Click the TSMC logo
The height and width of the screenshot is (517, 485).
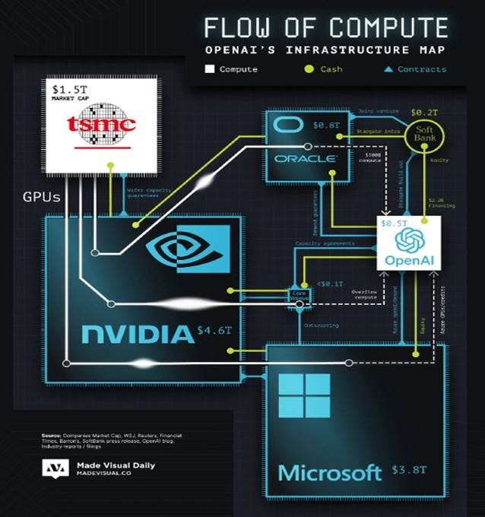100,124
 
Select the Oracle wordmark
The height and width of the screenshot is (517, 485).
308,158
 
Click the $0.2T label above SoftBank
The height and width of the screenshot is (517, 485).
422,111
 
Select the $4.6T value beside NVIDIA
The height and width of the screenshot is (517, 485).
214,331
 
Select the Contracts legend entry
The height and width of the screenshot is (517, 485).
415,69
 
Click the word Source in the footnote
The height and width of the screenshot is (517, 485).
51,436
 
